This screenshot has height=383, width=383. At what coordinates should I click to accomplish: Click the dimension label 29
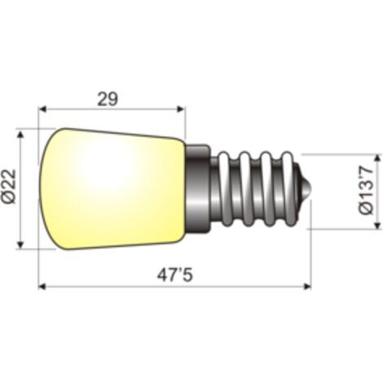coord(108,99)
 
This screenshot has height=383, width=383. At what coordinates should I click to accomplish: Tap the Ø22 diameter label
coord(9,186)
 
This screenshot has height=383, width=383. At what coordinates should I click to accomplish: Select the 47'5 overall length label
coord(175,275)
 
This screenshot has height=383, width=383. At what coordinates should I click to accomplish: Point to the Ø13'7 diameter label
coord(367,191)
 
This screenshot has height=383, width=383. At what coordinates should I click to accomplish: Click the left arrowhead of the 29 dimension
coord(42,109)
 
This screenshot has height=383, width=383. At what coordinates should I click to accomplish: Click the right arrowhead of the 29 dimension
coord(181,109)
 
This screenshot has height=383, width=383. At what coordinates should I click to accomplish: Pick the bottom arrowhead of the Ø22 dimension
coord(20,244)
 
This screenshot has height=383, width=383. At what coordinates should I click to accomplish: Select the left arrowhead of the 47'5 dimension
coord(42,286)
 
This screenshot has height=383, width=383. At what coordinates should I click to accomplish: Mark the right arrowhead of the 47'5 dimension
coord(307,286)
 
